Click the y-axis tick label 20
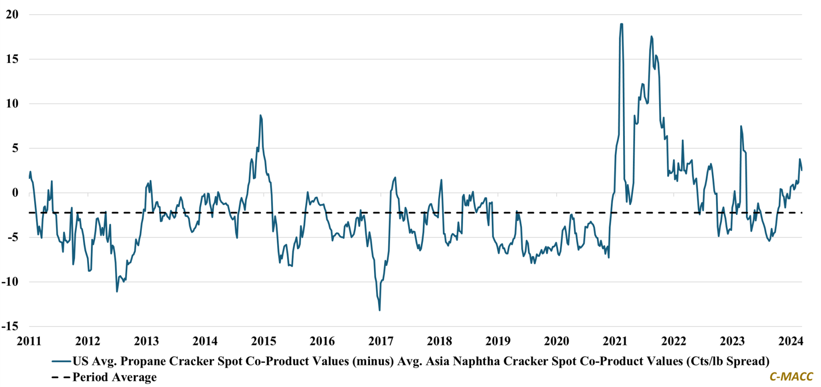coord(12,14)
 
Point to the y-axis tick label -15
coord(10,326)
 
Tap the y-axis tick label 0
coord(15,192)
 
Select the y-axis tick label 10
coord(12,103)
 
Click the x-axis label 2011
coord(29,341)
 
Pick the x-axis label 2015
coord(264,341)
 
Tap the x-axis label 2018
coord(439,341)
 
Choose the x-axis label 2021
coord(615,341)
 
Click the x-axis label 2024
coord(791,341)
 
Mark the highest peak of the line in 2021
coord(621,24)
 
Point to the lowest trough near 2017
coord(379,310)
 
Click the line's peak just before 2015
coord(260,116)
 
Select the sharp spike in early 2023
coord(741,126)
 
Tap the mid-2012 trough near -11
coord(117,291)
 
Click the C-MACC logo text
coord(791,377)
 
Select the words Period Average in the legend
coord(115,377)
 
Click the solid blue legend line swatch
coord(61,362)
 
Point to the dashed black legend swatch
coord(60,377)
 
